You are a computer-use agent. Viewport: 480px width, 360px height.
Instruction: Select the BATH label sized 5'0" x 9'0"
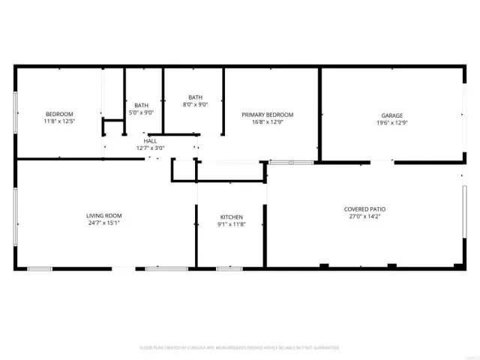(141, 105)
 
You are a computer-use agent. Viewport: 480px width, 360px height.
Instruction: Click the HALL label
(150, 140)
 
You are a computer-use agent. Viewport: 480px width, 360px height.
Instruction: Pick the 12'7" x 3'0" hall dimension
(150, 148)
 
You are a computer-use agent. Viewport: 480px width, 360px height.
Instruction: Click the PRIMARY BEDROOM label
(267, 115)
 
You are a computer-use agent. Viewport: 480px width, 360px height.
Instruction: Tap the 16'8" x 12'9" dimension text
(267, 122)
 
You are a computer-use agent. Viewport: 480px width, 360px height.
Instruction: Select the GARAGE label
(392, 115)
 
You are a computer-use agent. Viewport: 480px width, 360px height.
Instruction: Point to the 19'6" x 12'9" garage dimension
(392, 123)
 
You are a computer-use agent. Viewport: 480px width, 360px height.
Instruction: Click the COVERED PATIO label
(365, 209)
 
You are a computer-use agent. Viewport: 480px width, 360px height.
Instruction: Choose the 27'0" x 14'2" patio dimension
(365, 217)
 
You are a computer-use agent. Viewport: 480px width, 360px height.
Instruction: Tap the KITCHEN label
(231, 217)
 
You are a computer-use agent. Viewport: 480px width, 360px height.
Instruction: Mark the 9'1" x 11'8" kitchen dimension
(231, 224)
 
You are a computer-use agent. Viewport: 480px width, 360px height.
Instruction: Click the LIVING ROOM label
(103, 215)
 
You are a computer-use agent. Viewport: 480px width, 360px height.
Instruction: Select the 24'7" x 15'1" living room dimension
(103, 223)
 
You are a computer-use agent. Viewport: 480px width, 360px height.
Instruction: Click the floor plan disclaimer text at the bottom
(239, 348)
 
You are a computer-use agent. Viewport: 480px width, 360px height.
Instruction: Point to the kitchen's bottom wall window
(229, 268)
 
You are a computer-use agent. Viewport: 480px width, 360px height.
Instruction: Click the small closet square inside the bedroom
(112, 127)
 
